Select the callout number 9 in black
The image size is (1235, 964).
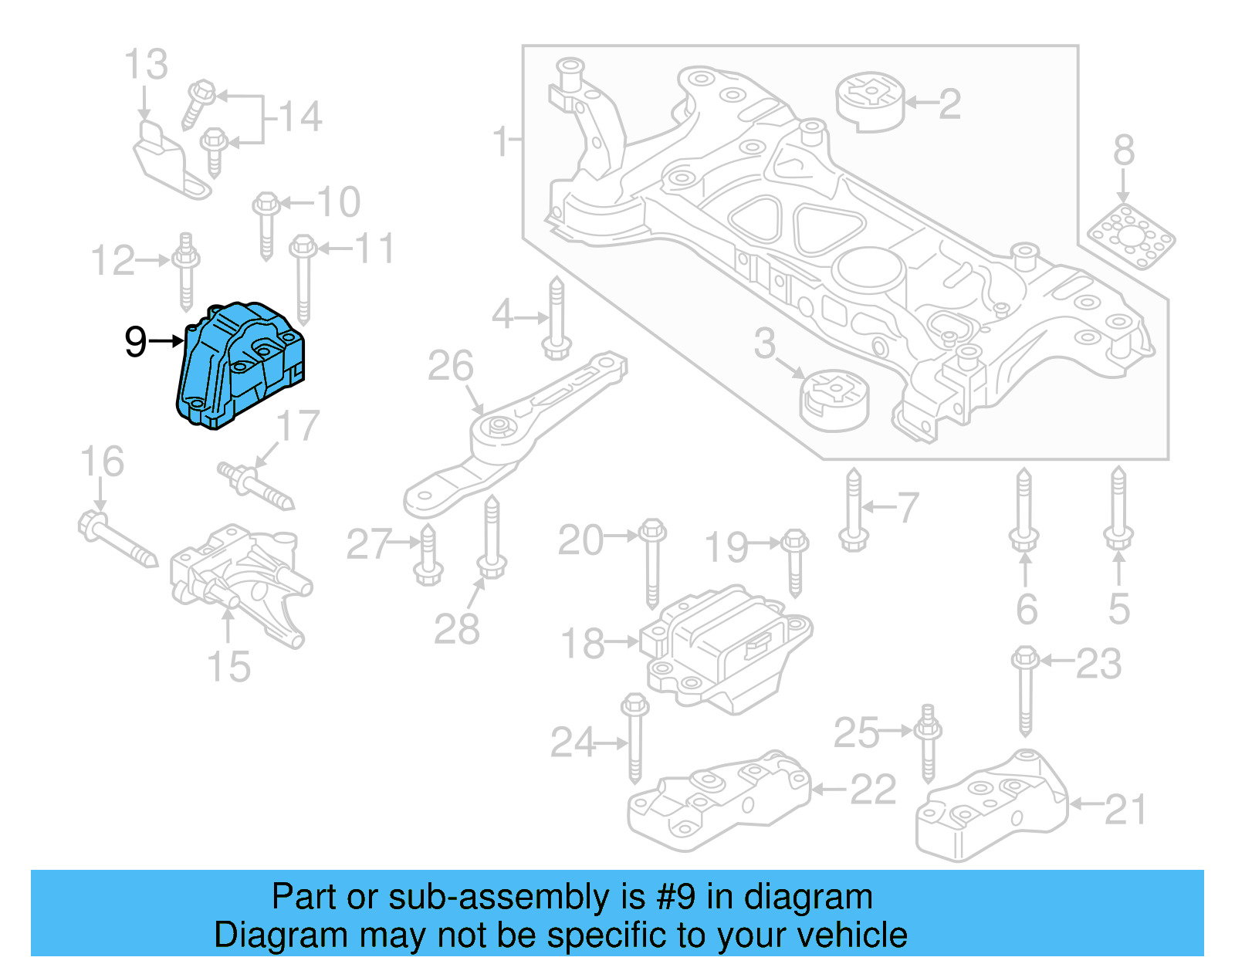[x=135, y=341]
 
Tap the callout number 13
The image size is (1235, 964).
[x=146, y=65]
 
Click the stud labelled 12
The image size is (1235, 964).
[x=186, y=270]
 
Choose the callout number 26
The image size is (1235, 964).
[x=450, y=366]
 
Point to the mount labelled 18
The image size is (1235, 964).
[x=726, y=648]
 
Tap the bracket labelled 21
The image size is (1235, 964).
[x=990, y=807]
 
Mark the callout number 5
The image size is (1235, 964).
[x=1118, y=609]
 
